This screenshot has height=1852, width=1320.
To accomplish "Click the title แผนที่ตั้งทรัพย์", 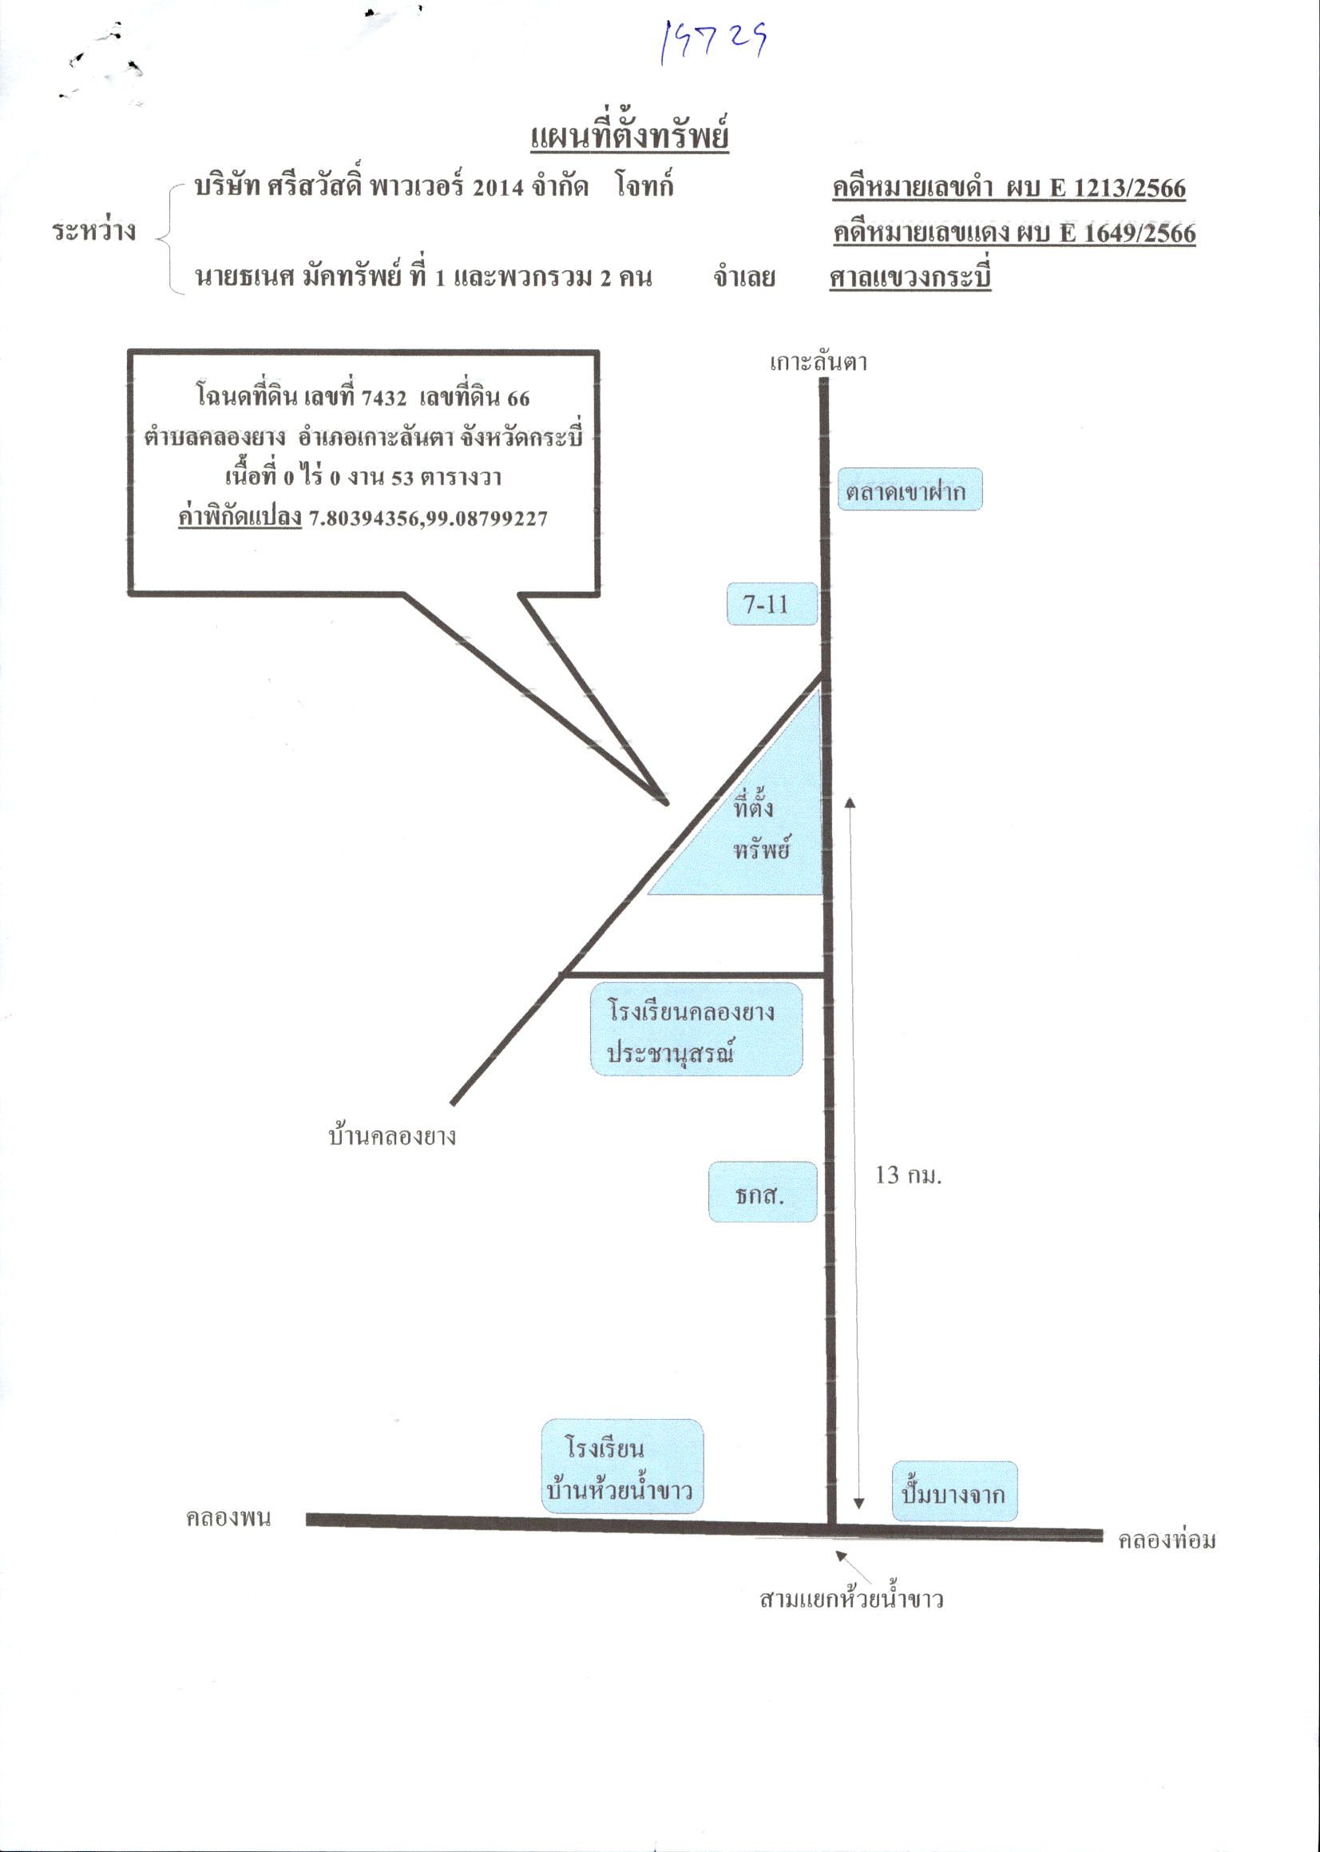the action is [629, 136].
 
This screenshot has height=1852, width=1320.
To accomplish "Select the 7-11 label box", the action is [771, 604].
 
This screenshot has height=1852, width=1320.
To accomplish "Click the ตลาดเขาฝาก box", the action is [910, 490].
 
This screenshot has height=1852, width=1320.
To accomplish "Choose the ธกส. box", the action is [763, 1192].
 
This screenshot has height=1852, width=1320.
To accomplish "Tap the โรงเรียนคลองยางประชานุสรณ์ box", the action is [696, 1029].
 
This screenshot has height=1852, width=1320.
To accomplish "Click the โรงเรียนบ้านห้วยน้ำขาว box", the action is [622, 1467].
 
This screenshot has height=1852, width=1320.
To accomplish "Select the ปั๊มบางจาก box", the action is [954, 1492].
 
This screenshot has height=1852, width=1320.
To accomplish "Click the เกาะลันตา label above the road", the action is [819, 362].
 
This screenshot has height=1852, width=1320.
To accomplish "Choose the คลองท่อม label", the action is [1167, 1539].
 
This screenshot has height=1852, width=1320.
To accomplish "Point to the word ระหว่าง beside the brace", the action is [94, 231].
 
